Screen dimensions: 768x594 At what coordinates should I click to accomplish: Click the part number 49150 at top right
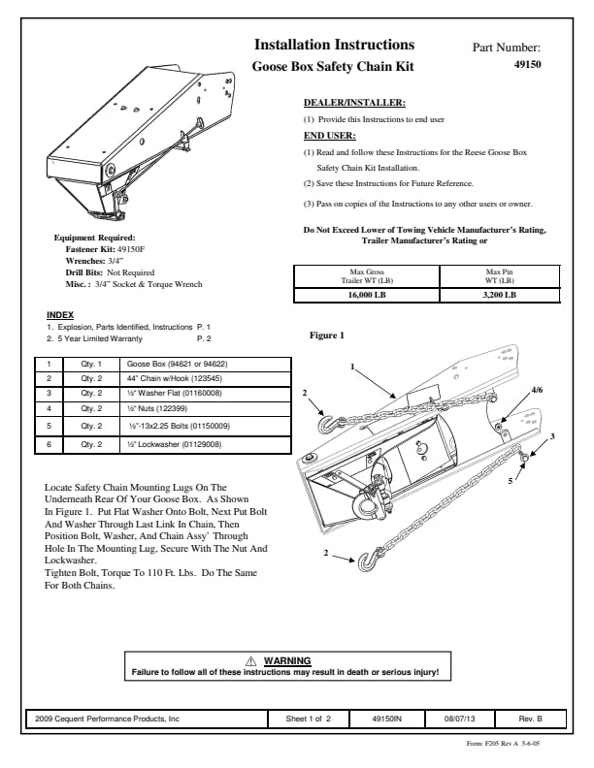coord(527,66)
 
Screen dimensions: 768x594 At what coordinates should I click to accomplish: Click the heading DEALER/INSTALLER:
coord(354,102)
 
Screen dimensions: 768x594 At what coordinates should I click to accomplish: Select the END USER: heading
coord(330,136)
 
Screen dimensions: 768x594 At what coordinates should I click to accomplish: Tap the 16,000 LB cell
coord(365,294)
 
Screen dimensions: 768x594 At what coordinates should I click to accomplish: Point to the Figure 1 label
coord(326,336)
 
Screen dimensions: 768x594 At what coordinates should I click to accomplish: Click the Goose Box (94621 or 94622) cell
coord(178,364)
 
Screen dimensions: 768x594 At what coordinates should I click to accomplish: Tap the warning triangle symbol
coord(252,660)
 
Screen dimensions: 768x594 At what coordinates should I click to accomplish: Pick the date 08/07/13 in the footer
coord(460,719)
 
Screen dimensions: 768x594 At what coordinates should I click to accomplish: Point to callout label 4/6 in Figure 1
coord(538,389)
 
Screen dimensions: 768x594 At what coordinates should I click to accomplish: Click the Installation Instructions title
coord(334,45)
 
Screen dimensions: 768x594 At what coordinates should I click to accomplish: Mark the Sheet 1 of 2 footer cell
coord(309,719)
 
